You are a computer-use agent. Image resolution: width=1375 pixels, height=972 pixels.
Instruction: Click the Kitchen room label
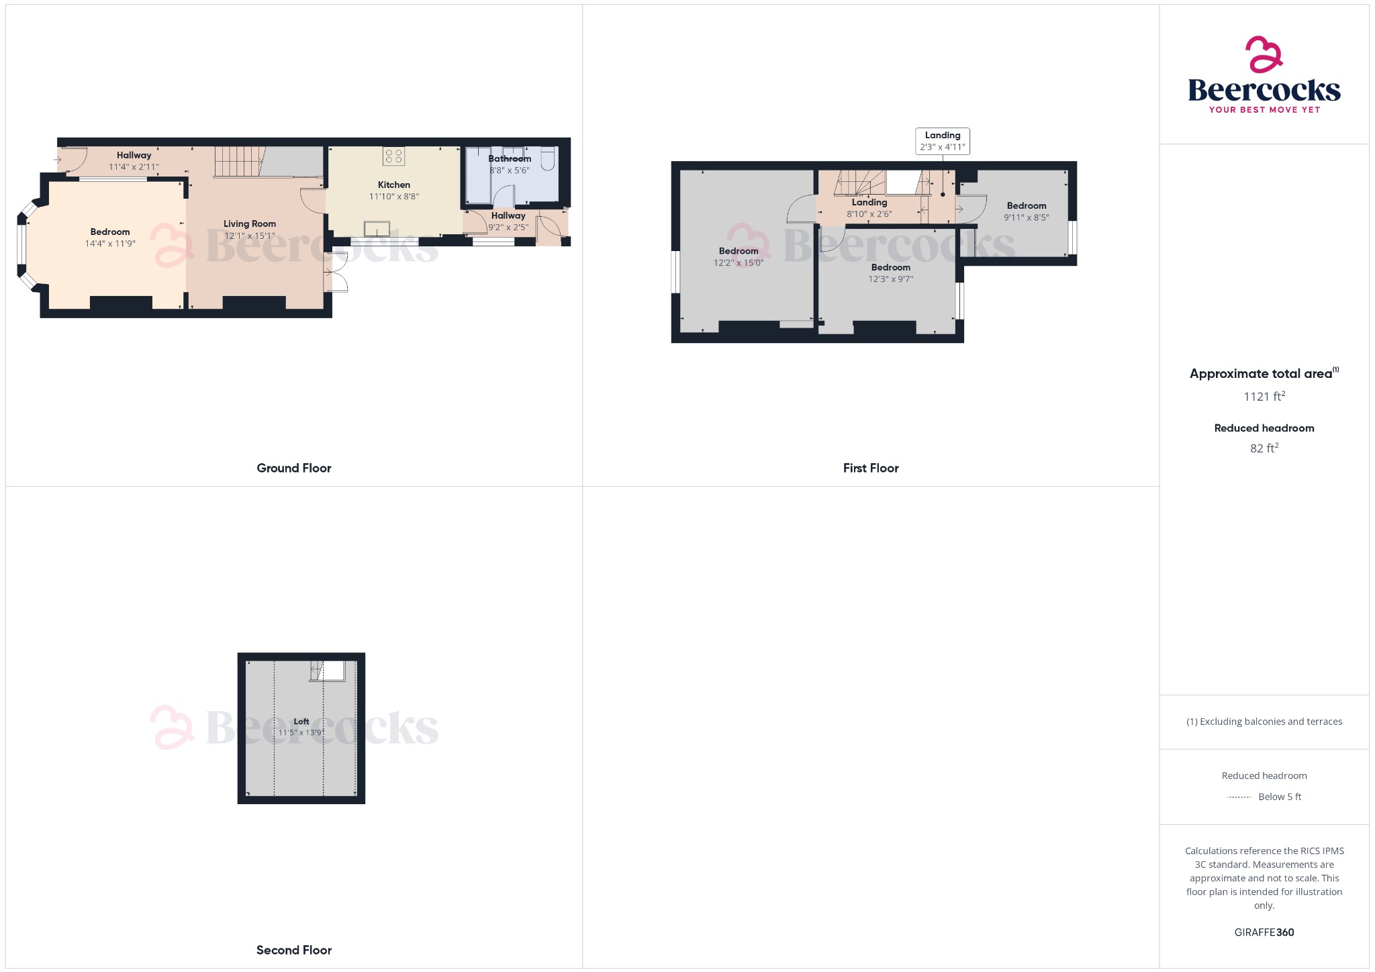(393, 185)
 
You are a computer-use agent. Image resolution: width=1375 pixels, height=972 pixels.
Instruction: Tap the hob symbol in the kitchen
(393, 156)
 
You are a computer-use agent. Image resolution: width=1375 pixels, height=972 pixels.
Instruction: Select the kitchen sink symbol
(377, 229)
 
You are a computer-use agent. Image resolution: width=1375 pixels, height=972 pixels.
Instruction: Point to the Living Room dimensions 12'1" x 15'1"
(249, 236)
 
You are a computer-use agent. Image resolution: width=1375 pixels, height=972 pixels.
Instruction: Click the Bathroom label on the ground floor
(509, 158)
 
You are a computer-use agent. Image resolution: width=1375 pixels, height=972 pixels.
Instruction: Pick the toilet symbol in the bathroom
(548, 158)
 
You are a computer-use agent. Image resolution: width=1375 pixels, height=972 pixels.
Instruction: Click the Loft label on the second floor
(301, 721)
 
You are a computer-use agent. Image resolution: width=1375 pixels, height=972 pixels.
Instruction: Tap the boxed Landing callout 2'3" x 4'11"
(942, 141)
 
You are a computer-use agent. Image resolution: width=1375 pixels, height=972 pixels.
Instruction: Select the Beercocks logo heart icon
(1264, 54)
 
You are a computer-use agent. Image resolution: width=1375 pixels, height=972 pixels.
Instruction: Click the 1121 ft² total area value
(1264, 396)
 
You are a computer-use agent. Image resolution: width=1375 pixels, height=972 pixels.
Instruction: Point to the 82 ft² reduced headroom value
(1264, 448)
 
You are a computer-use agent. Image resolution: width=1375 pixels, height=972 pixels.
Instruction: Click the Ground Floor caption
(293, 468)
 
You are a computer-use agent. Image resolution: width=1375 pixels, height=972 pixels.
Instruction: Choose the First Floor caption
(870, 468)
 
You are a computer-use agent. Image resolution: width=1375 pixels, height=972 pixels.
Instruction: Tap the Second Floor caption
(293, 950)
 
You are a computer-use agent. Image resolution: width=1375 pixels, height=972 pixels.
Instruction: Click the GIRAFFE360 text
(1264, 932)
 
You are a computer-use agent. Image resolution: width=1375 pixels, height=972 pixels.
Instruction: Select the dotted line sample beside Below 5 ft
(1239, 797)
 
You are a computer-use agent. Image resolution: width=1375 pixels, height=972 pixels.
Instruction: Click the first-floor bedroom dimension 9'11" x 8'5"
(1026, 217)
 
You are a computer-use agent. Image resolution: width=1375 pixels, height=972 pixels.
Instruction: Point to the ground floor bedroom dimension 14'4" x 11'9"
(110, 244)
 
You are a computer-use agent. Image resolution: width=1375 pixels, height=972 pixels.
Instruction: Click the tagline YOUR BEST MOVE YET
(1264, 109)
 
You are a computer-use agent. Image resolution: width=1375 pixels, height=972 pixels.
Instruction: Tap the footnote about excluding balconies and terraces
(1264, 722)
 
